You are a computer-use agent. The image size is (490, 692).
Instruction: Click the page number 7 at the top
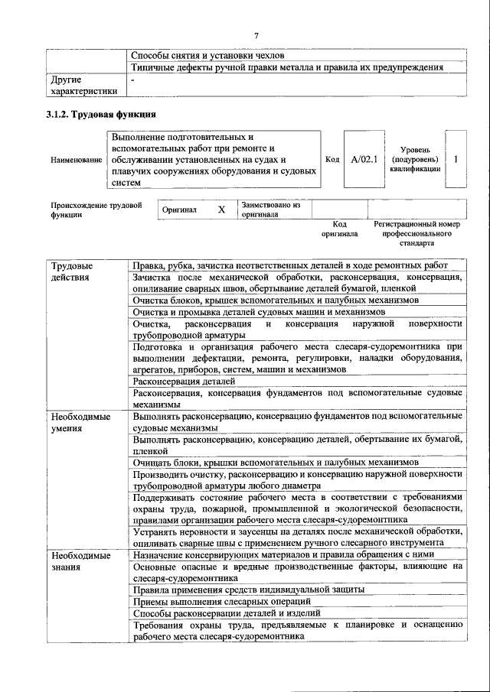pos(256,35)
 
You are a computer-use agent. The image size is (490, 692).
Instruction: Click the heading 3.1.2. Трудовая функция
pos(103,115)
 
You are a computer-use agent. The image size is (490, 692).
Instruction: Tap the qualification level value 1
pos(456,160)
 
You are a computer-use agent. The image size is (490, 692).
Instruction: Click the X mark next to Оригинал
pos(221,210)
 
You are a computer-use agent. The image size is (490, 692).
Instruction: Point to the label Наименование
pos(76,161)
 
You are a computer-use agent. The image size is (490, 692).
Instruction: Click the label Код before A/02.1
pos(332,160)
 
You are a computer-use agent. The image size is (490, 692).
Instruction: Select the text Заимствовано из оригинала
pos(271,210)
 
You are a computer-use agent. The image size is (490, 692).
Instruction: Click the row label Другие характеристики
pos(83,85)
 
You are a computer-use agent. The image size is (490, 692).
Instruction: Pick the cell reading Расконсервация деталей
pos(184,381)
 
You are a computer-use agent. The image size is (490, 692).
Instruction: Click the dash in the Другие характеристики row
pos(133,80)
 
